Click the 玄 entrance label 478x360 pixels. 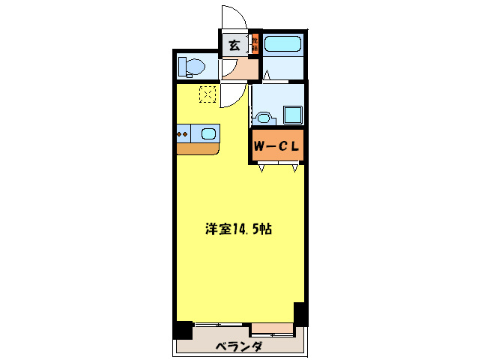pyautogui.click(x=234, y=46)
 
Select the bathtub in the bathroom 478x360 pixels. pyautogui.click(x=282, y=43)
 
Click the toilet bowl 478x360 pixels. pyautogui.click(x=192, y=67)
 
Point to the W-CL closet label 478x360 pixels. pyautogui.click(x=276, y=147)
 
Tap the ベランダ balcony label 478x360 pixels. pyautogui.click(x=239, y=346)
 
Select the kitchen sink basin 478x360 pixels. pyautogui.click(x=208, y=133)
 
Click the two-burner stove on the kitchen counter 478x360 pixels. pyautogui.click(x=183, y=134)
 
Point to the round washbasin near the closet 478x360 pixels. pyautogui.click(x=262, y=116)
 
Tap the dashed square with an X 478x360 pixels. pyautogui.click(x=208, y=94)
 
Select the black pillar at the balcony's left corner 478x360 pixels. pyautogui.click(x=183, y=330)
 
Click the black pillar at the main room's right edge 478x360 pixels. pyautogui.click(x=300, y=313)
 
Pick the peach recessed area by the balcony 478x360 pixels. pyautogui.click(x=272, y=327)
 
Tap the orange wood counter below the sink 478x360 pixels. pyautogui.click(x=197, y=148)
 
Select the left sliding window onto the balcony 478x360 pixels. pyautogui.click(x=222, y=325)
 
